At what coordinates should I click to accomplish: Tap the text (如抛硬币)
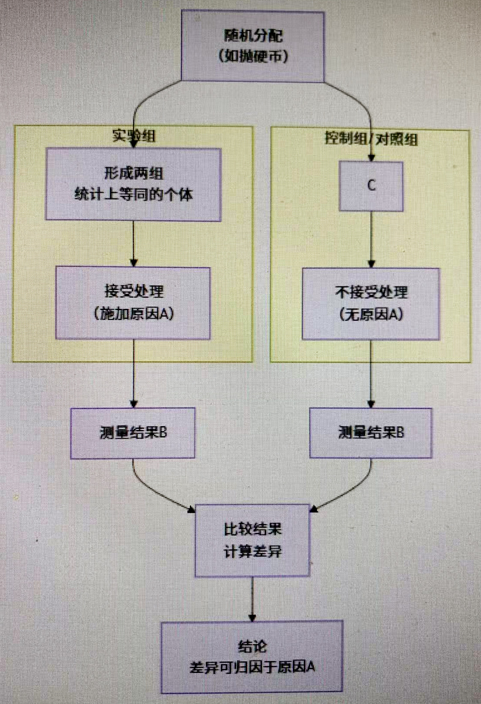pos(253,56)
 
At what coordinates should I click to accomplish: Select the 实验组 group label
pos(134,135)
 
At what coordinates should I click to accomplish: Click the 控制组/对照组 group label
pos(371,139)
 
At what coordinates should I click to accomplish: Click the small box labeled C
pos(371,186)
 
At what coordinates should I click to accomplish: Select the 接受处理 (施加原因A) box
pos(133,303)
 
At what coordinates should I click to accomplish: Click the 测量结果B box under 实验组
pos(133,433)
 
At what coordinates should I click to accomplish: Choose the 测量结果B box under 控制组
pos(371,433)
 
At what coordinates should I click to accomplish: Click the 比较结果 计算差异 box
pos(252,540)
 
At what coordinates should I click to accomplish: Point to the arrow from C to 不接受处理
pos(371,239)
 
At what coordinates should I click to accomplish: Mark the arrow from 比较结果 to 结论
pos(252,598)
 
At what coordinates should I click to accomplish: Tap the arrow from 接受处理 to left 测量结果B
pos(134,373)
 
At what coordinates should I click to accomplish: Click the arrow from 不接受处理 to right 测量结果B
pos(371,373)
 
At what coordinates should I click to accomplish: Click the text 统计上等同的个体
pos(134,194)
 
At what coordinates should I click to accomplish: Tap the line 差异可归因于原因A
pos(252,667)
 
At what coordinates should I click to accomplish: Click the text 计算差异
pos(252,552)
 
